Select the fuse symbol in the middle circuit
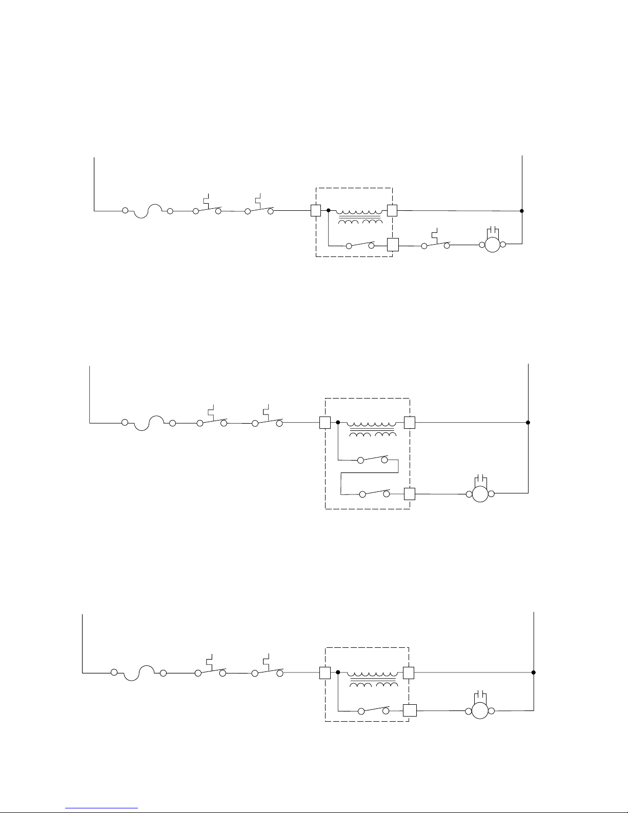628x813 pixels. coord(149,424)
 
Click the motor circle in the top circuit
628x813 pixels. coord(492,245)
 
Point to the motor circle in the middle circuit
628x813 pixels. coord(480,494)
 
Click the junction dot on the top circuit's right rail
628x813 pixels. coord(522,211)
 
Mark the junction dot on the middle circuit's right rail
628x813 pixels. coord(528,423)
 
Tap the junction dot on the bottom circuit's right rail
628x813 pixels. coord(534,672)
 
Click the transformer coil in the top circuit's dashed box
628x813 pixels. coord(360,215)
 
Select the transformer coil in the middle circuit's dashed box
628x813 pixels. coord(373,428)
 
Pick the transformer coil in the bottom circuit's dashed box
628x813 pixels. coord(373,678)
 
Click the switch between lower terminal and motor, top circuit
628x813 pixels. coord(435,244)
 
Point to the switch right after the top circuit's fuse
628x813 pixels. coord(207,209)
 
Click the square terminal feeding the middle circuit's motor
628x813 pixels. coord(409,494)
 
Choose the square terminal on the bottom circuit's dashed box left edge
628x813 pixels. coord(325,672)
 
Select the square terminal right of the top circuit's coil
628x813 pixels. coord(392,210)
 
